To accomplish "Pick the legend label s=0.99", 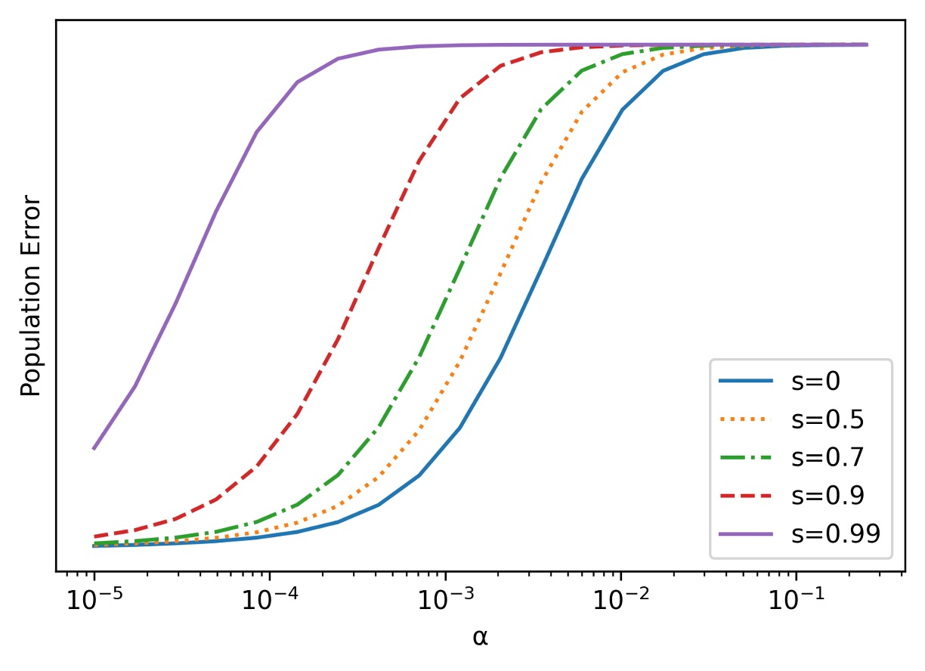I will pyautogui.click(x=835, y=533).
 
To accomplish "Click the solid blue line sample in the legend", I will pyautogui.click(x=746, y=382).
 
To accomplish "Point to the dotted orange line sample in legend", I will pyautogui.click(x=746, y=419).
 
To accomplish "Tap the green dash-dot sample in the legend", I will pyautogui.click(x=746, y=457).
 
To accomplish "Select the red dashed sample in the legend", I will pyautogui.click(x=746, y=495).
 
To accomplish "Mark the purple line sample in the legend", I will pyautogui.click(x=746, y=533).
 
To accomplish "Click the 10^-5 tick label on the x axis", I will pyautogui.click(x=94, y=602).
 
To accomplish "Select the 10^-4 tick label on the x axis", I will pyautogui.click(x=269, y=602).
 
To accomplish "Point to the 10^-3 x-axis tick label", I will pyautogui.click(x=445, y=602).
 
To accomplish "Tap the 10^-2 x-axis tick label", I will pyautogui.click(x=620, y=602).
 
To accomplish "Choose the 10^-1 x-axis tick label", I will pyautogui.click(x=797, y=602).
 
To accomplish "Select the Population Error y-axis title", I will pyautogui.click(x=29, y=295).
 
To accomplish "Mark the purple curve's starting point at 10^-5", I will pyautogui.click(x=94, y=449).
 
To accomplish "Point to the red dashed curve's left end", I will pyautogui.click(x=94, y=536).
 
